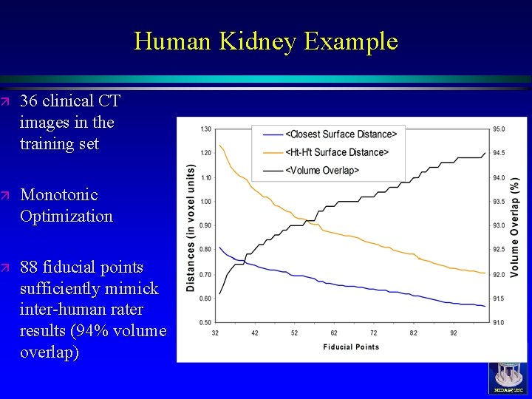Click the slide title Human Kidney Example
point(266,41)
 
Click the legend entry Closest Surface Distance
point(341,134)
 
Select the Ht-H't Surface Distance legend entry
point(337,152)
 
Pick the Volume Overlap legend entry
point(322,171)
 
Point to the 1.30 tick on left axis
point(205,129)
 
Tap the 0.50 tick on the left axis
point(205,322)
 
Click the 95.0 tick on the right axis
point(499,129)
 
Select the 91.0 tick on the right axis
point(499,322)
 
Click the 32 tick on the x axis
point(215,334)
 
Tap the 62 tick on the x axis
point(334,334)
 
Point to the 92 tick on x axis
point(453,334)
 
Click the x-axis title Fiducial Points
point(351,347)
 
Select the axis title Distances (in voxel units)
point(191,226)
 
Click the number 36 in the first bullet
point(30,101)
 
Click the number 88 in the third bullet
point(30,267)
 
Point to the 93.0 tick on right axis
point(499,226)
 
